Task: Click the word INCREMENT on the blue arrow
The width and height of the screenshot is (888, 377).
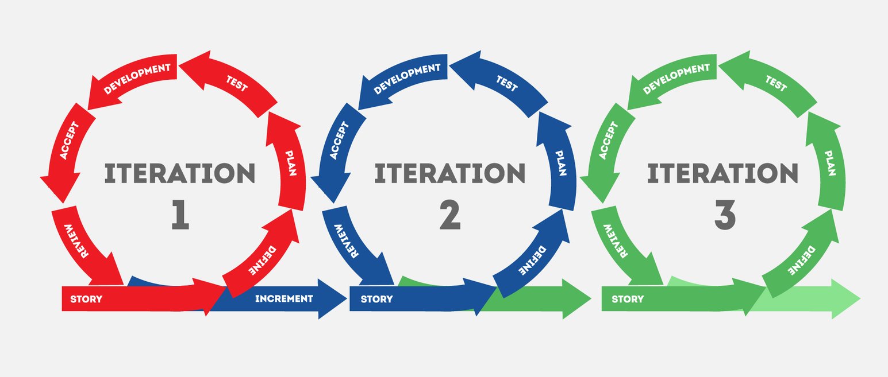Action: click(284, 298)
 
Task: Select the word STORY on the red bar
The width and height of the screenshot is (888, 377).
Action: click(86, 299)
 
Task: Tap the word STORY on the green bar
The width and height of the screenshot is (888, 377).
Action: click(628, 299)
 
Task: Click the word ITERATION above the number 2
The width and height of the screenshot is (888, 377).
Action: click(450, 173)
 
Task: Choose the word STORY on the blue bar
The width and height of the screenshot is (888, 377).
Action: click(377, 299)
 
